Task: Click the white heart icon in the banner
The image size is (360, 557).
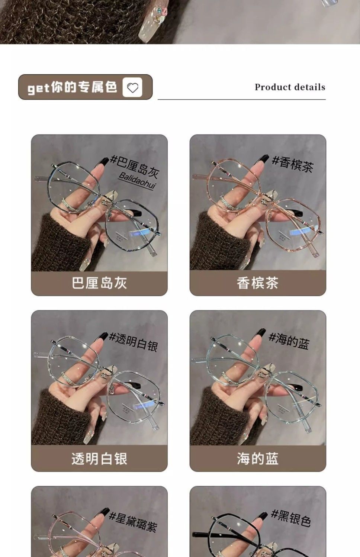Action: (x=132, y=87)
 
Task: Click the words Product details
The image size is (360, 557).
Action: (x=290, y=87)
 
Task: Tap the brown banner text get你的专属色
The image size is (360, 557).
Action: (x=72, y=87)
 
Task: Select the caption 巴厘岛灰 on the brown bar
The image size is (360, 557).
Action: (x=99, y=283)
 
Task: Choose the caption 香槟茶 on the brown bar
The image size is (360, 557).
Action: (x=257, y=283)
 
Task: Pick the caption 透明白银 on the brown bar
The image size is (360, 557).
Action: (x=99, y=459)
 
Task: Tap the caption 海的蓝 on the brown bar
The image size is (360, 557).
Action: (x=257, y=459)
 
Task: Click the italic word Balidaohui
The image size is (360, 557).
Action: (x=137, y=181)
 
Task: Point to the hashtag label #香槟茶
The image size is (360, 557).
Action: (x=293, y=164)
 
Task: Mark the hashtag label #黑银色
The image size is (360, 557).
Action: (x=291, y=518)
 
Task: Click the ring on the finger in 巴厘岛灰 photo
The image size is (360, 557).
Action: (x=70, y=206)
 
